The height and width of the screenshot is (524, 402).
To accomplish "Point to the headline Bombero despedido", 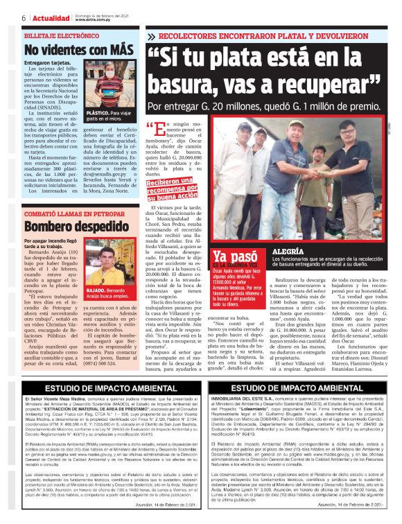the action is click(x=64, y=226).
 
